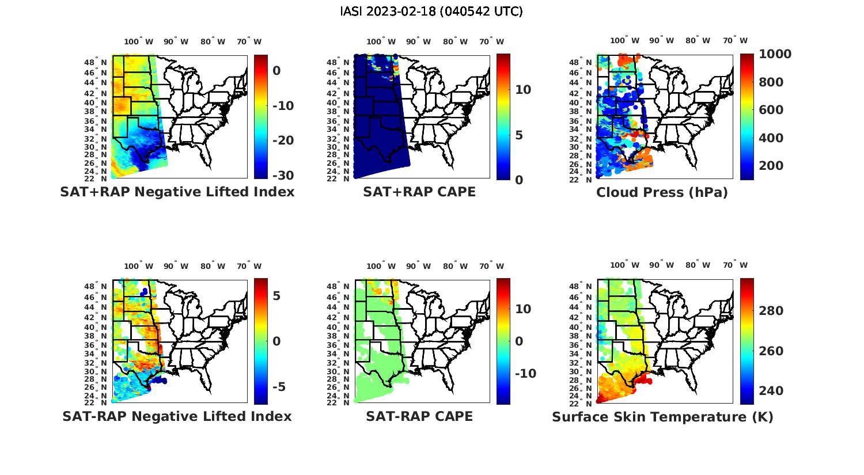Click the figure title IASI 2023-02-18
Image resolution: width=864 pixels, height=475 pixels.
point(431,12)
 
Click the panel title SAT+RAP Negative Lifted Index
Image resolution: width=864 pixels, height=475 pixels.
point(177,192)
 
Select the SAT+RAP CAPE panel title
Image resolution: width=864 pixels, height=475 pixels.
point(419,192)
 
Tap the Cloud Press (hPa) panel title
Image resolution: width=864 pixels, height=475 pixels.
point(662,193)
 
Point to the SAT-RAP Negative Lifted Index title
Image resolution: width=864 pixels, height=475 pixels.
point(177,416)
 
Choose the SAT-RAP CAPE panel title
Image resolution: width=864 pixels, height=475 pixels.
point(419,416)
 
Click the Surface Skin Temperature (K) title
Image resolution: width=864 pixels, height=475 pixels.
point(662,417)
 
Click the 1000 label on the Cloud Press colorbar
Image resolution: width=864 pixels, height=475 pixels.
point(775,54)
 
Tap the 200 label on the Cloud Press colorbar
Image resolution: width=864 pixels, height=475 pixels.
point(771,166)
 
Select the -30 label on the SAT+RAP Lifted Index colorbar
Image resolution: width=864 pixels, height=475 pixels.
point(283,176)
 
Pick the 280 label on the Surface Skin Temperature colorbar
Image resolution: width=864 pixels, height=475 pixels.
point(771,311)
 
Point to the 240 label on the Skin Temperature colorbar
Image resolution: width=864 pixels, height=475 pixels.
point(771,391)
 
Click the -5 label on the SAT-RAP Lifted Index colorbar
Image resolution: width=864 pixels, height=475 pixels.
point(279,386)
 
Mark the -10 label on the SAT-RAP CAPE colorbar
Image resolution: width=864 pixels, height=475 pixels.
point(525,374)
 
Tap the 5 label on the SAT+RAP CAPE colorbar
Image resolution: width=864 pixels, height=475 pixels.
point(519,135)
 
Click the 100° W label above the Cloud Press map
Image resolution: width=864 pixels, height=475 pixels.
point(624,41)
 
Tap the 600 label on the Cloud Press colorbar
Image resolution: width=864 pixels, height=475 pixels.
point(771,110)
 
